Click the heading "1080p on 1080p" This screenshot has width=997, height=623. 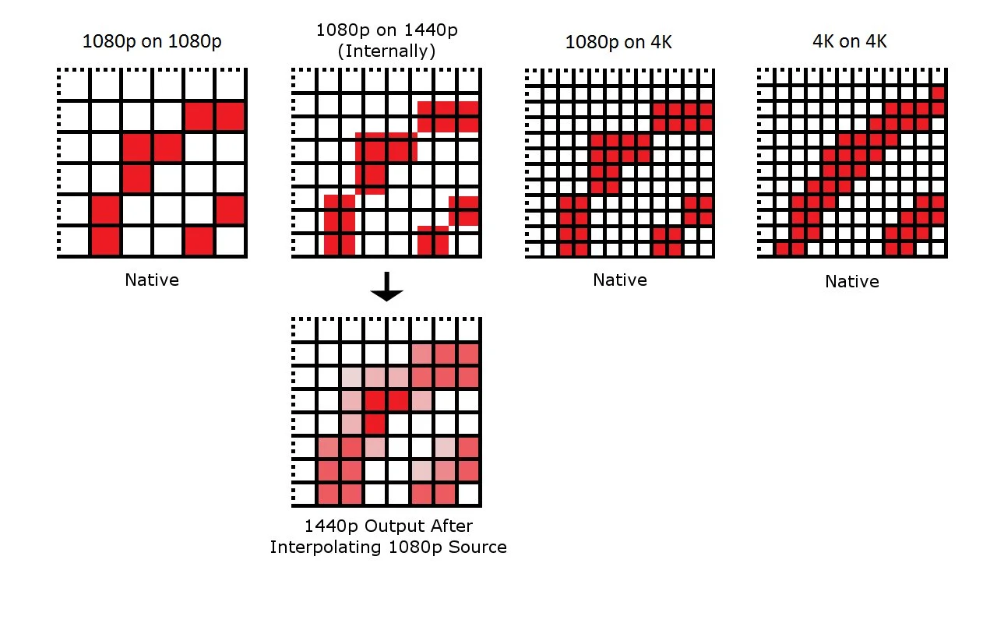(152, 41)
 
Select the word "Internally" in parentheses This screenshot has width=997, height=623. (386, 51)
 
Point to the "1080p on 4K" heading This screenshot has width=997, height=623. (618, 41)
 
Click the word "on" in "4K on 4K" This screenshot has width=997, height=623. (849, 41)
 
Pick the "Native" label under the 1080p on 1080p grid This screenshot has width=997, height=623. (152, 280)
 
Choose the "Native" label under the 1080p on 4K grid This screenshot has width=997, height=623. (619, 280)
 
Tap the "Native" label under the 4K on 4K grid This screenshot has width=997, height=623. (852, 281)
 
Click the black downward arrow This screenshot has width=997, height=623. (386, 289)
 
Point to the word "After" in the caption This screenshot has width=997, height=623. (451, 526)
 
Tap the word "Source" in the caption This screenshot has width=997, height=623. (480, 547)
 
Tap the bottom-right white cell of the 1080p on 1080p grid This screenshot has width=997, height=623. (231, 241)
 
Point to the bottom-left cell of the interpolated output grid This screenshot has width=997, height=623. (328, 494)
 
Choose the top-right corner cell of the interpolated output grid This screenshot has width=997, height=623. (467, 330)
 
